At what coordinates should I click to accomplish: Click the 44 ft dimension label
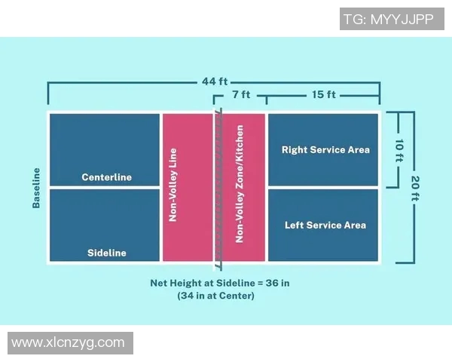pyautogui.click(x=215, y=81)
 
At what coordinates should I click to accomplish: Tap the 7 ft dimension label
pyautogui.click(x=241, y=94)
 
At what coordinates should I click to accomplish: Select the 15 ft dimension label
pyautogui.click(x=324, y=94)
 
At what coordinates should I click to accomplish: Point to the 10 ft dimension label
pyautogui.click(x=399, y=150)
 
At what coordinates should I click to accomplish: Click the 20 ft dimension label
pyautogui.click(x=415, y=188)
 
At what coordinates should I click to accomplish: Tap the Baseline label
pyautogui.click(x=36, y=188)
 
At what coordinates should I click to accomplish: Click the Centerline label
pyautogui.click(x=107, y=177)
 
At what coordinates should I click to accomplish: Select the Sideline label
pyautogui.click(x=107, y=253)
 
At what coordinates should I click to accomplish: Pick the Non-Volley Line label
pyautogui.click(x=173, y=185)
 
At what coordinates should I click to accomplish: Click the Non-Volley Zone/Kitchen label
pyautogui.click(x=240, y=184)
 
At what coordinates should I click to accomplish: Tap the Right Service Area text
pyautogui.click(x=325, y=149)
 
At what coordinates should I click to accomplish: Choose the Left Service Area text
pyautogui.click(x=325, y=225)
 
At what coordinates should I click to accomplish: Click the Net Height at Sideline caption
pyautogui.click(x=220, y=283)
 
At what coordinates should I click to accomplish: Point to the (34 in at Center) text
pyautogui.click(x=216, y=296)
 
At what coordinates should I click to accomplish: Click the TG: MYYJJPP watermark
pyautogui.click(x=392, y=19)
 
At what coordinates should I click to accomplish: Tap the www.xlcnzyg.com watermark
pyautogui.click(x=70, y=343)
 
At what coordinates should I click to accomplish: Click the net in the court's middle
pyautogui.click(x=218, y=189)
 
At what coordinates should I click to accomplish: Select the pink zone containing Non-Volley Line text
pyautogui.click(x=188, y=187)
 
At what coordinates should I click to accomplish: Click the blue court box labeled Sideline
pyautogui.click(x=105, y=225)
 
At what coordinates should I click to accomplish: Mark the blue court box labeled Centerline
pyautogui.click(x=105, y=149)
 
